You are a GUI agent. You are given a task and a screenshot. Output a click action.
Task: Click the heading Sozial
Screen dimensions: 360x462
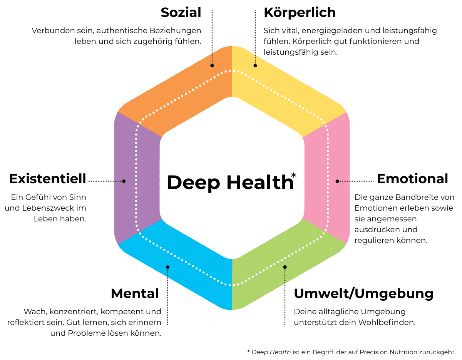[181, 13]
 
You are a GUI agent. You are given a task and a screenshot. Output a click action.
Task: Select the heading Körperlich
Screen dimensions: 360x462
[300, 13]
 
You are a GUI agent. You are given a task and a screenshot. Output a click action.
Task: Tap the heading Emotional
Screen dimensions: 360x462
[412, 179]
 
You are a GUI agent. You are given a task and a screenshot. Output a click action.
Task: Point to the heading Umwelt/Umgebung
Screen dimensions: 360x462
[363, 294]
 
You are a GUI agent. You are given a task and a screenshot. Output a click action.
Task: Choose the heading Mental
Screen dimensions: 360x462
[135, 294]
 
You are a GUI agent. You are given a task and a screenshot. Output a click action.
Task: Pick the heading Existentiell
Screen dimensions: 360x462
[48, 179]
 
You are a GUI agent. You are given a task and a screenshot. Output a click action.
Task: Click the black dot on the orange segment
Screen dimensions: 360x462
[212, 65]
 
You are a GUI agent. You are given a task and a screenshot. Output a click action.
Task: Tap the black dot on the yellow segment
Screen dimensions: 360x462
[255, 65]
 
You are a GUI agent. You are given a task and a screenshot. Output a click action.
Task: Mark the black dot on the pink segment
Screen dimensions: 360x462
[337, 181]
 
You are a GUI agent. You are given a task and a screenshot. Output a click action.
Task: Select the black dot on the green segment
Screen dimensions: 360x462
[285, 267]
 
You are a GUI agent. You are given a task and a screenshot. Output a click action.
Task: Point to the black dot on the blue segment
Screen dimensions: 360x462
[167, 267]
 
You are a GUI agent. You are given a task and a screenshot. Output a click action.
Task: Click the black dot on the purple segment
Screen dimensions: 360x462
[124, 181]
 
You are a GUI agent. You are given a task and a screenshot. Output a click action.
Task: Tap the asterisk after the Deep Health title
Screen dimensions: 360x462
[294, 176]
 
